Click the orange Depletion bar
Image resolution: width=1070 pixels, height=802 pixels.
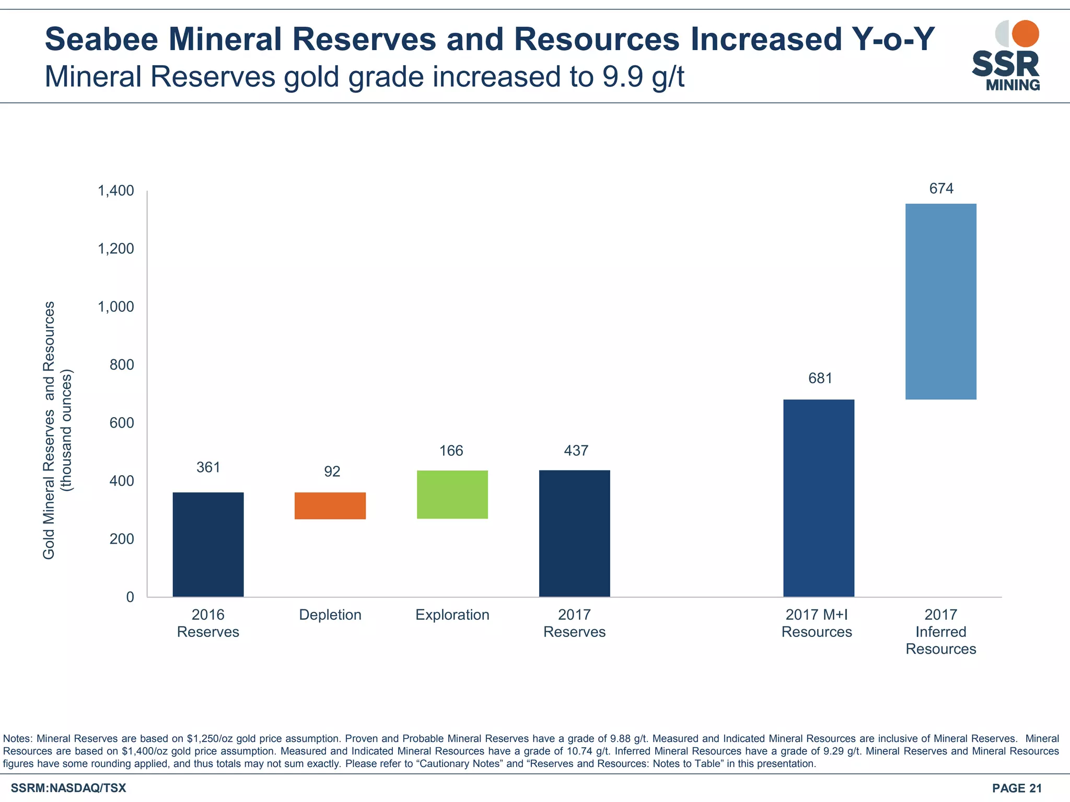[x=330, y=505]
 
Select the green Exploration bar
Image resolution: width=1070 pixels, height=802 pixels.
[x=452, y=494]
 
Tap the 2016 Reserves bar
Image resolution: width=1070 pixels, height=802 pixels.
[x=208, y=544]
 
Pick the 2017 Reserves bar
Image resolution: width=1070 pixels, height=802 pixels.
[x=575, y=533]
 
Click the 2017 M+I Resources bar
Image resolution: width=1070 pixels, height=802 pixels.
[x=819, y=498]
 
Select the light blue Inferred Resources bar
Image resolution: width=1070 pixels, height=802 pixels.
[x=940, y=301]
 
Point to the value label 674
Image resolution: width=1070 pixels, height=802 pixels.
[x=941, y=188]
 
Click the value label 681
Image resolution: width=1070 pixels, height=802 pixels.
[x=820, y=378]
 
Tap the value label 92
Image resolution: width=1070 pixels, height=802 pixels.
[x=332, y=471]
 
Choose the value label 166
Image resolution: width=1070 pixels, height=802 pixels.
[x=451, y=451]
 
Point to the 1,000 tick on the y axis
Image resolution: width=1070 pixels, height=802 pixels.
[x=116, y=306]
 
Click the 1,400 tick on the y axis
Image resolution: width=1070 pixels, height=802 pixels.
[x=116, y=191]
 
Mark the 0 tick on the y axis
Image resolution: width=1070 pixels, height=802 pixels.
[x=130, y=597]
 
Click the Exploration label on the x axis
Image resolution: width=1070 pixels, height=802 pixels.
[x=452, y=615]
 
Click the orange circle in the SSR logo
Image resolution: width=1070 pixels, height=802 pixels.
[x=1025, y=33]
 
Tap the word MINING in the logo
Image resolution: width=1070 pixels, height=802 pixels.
[x=1013, y=85]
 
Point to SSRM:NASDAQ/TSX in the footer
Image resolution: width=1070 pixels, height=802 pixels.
[x=68, y=788]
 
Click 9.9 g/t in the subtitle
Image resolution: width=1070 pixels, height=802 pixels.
[x=643, y=77]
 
